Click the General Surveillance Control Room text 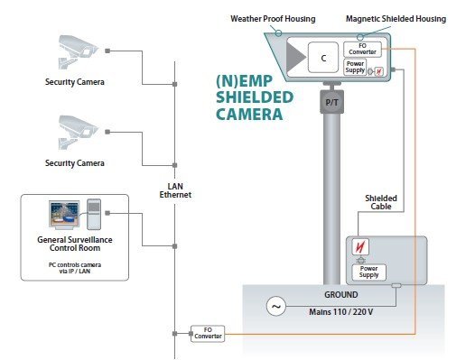point(75,245)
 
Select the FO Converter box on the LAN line point(206,335)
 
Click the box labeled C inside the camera point(322,58)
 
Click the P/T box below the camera point(331,104)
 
